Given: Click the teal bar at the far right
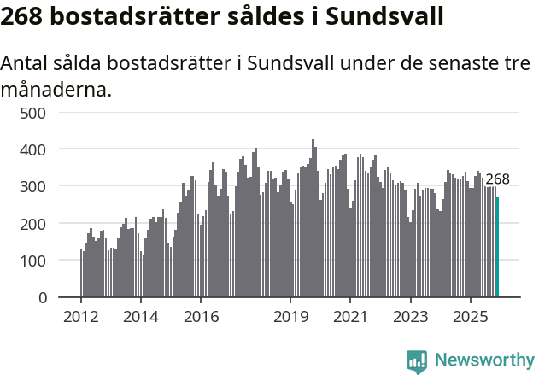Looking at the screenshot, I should click(498, 248).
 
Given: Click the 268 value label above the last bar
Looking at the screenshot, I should click(497, 179).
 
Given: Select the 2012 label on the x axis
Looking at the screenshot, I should click(81, 317).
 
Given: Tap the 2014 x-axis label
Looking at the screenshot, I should click(141, 317).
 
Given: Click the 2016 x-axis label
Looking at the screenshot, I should click(201, 317).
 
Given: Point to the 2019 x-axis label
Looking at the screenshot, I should click(290, 317).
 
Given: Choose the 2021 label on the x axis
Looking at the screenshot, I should click(350, 317).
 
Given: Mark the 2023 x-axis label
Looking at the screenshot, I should click(410, 317).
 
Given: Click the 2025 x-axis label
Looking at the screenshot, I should click(470, 317).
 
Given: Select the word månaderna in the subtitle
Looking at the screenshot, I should click(56, 88).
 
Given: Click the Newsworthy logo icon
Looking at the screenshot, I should click(417, 361).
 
